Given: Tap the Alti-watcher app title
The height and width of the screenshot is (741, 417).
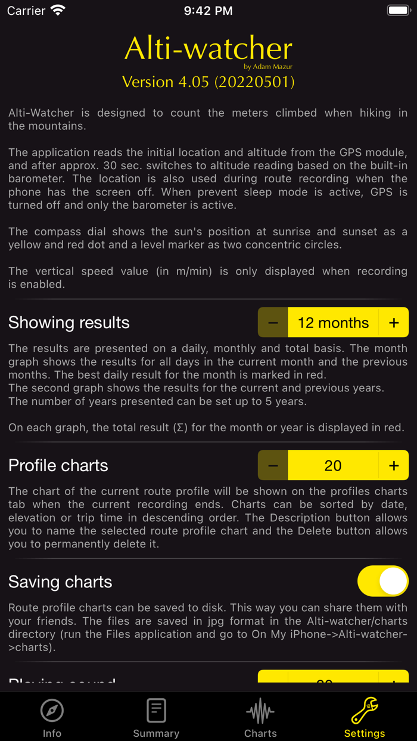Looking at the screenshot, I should click(208, 49).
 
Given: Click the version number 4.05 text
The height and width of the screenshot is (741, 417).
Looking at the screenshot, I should click(208, 82).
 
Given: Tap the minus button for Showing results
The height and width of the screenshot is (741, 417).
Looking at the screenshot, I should click(273, 323).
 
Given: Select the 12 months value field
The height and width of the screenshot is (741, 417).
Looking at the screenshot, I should click(333, 323).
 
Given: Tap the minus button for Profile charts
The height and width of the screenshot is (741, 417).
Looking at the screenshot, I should click(273, 465).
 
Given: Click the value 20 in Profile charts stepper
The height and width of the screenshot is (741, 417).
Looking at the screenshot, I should click(333, 465).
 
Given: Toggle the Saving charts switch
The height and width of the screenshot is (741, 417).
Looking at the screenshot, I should click(382, 581).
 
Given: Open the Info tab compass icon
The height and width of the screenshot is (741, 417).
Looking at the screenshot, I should click(52, 711).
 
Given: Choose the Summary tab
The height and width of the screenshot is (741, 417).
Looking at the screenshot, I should click(156, 717).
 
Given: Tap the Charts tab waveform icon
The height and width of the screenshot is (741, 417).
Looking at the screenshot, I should click(260, 711).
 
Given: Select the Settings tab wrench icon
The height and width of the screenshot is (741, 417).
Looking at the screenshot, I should click(365, 711).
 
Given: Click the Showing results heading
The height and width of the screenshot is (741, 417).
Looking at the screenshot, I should click(69, 323).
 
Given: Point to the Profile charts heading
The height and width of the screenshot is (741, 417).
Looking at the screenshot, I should click(58, 465).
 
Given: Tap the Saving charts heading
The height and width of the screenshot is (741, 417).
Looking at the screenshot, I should click(60, 582).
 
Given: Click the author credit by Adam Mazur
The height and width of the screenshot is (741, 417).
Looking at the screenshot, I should click(268, 67).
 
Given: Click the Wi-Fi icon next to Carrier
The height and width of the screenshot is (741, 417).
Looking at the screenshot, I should click(58, 10).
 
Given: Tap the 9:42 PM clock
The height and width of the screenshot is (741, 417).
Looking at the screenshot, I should click(208, 11).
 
